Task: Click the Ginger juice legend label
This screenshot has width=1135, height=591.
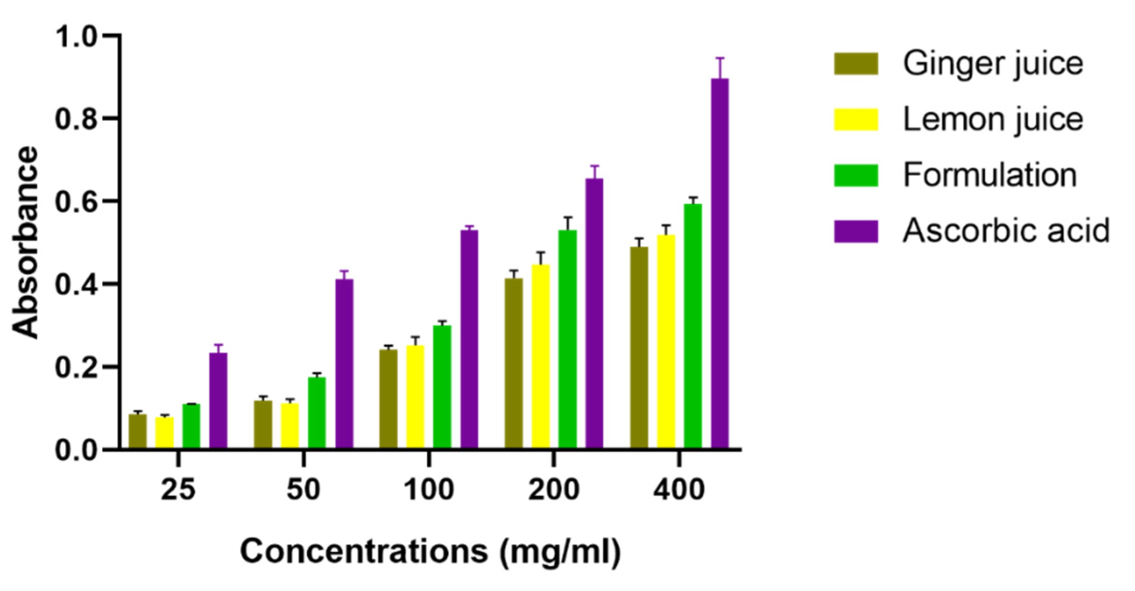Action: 993,63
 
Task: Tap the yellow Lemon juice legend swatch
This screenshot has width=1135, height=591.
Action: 856,119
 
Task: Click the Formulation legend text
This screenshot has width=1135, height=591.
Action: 989,175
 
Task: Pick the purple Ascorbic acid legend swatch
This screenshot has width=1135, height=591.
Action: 856,231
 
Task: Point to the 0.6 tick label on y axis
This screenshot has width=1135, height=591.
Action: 79,201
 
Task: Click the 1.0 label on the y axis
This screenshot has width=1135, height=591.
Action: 79,36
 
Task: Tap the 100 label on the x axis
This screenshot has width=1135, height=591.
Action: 429,489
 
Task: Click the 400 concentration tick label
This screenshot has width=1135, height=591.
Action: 679,489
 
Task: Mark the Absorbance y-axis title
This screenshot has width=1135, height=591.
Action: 25,242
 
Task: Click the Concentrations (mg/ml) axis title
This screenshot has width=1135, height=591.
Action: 430,551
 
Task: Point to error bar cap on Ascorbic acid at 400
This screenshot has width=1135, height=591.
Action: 720,59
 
